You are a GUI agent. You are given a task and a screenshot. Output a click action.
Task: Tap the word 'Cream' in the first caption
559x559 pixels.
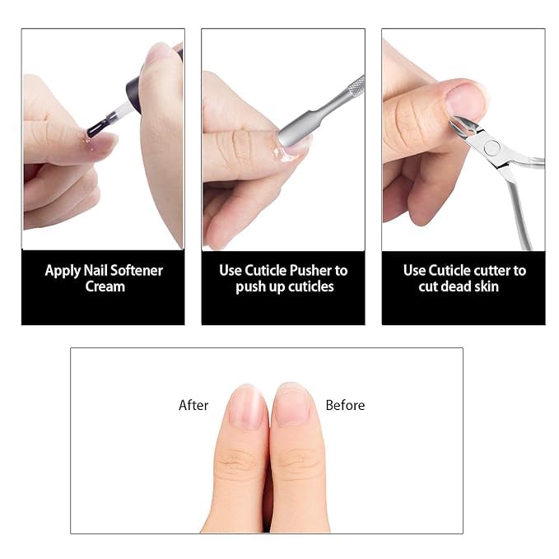click(105, 286)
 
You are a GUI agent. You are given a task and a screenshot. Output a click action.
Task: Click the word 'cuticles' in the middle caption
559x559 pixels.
click(311, 286)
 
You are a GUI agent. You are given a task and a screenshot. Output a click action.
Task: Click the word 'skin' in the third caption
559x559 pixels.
click(487, 286)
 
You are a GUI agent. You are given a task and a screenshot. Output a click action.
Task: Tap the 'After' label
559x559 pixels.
click(193, 405)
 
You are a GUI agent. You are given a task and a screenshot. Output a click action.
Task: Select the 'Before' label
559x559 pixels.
click(345, 405)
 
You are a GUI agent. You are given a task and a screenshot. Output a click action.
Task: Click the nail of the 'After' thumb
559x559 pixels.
click(247, 408)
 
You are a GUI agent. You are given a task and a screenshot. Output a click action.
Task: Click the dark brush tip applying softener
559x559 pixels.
click(95, 128)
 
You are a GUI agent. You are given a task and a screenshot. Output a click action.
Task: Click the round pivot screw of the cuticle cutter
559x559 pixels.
click(492, 148)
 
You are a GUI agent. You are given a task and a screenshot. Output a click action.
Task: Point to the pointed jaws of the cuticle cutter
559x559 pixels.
click(462, 126)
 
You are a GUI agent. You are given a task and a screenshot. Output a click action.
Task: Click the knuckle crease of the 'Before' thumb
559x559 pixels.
click(299, 460)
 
